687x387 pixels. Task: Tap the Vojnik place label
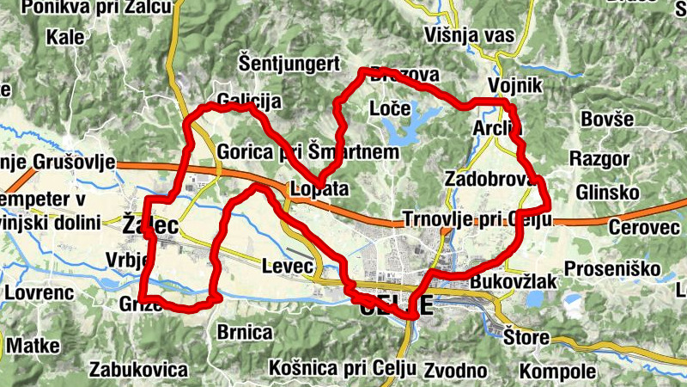tap(515, 86)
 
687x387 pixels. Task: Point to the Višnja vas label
tap(469, 35)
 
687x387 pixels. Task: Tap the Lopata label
tap(319, 189)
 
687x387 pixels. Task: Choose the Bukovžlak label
tap(514, 282)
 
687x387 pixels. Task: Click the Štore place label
tap(526, 336)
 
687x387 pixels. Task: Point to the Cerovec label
tap(643, 227)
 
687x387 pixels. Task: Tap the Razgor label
tap(599, 159)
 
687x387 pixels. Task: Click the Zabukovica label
tap(138, 371)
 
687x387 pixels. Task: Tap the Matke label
tap(33, 346)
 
